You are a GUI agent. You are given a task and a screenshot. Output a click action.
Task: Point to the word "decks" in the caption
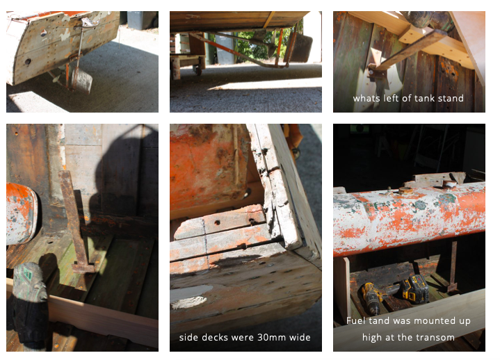pyautogui.click(x=217, y=337)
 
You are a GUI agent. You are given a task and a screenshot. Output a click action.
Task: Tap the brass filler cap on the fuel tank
pyautogui.click(x=406, y=190)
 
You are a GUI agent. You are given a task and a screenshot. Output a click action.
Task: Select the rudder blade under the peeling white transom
pyautogui.click(x=82, y=81)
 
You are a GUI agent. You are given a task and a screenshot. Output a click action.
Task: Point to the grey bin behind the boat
pyautogui.click(x=143, y=19)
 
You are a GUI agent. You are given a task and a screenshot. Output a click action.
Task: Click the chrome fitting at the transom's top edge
pyautogui.click(x=89, y=22)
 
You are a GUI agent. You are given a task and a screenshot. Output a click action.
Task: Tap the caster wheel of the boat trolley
pyautogui.click(x=197, y=70)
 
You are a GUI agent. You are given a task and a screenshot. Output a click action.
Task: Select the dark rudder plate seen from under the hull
pyautogui.click(x=300, y=48)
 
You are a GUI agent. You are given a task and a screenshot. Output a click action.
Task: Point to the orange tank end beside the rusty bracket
pyautogui.click(x=21, y=213)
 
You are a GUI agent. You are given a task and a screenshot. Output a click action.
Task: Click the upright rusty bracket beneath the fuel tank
pyautogui.click(x=453, y=267)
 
